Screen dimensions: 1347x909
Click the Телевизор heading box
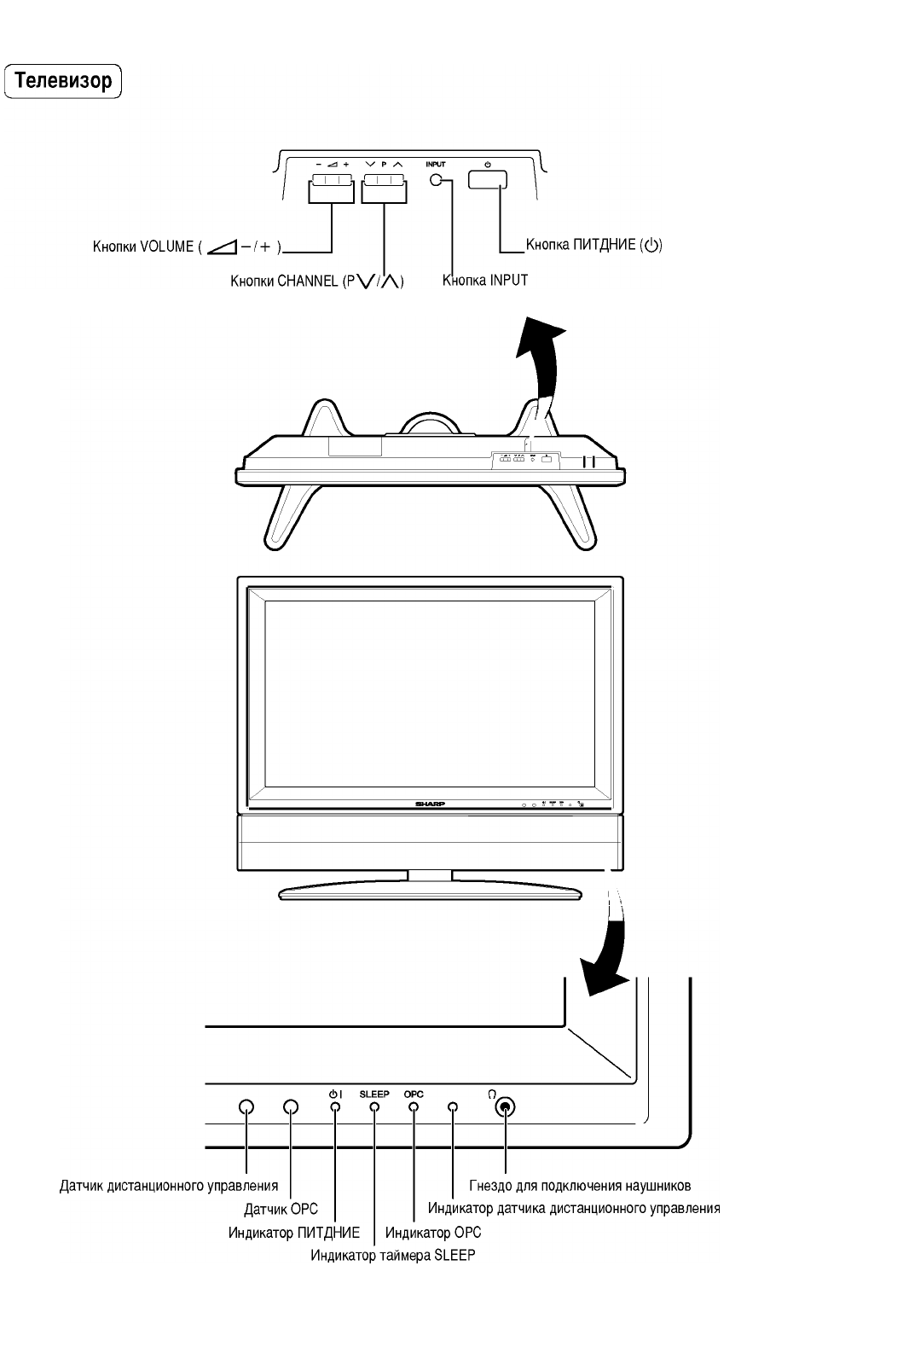pyautogui.click(x=64, y=82)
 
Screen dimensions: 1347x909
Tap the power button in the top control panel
pyautogui.click(x=487, y=179)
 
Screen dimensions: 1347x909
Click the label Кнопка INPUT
pyautogui.click(x=485, y=280)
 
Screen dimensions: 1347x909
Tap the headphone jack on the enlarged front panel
pyautogui.click(x=505, y=1108)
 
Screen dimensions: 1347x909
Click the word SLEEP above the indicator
pyautogui.click(x=374, y=1094)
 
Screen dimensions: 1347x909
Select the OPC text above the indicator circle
pyautogui.click(x=414, y=1094)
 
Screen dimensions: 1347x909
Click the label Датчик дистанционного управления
pyautogui.click(x=169, y=1186)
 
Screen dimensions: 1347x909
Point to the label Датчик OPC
pyautogui.click(x=281, y=1209)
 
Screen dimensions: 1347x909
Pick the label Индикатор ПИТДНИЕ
pyautogui.click(x=294, y=1233)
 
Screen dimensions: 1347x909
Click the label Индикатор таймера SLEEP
pyautogui.click(x=392, y=1255)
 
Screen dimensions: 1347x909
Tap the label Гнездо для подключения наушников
pyautogui.click(x=580, y=1186)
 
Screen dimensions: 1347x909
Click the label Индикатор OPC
pyautogui.click(x=433, y=1233)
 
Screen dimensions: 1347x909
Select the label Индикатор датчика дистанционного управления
pyautogui.click(x=574, y=1209)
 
